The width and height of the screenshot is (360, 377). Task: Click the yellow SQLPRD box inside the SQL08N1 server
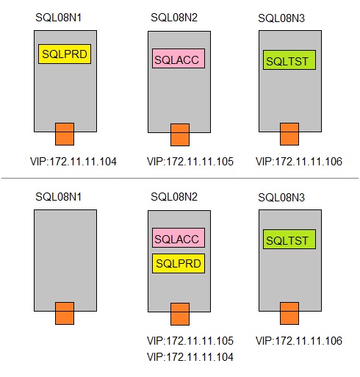tap(65, 54)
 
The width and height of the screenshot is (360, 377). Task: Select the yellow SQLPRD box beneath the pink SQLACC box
tap(179, 263)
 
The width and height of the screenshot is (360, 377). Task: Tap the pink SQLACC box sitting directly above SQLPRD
tap(179, 238)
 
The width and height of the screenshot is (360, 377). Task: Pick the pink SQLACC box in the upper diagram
tap(179, 59)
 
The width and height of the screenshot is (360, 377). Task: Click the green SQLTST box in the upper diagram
tap(289, 60)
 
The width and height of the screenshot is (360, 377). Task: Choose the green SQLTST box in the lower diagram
tap(289, 240)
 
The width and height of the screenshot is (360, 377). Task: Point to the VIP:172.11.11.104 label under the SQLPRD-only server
tap(73, 162)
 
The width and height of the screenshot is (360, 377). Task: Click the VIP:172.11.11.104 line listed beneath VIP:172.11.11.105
tap(190, 357)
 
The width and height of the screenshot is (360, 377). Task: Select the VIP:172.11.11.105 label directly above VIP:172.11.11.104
tap(190, 341)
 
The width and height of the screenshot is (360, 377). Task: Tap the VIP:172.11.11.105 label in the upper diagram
tap(190, 162)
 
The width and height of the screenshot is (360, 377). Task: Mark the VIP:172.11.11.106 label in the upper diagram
tap(299, 162)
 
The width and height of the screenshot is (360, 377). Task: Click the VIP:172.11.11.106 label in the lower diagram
tap(299, 341)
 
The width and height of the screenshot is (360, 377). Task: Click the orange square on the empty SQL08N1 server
tap(65, 313)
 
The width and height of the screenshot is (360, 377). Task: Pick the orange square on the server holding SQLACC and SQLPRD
tap(180, 314)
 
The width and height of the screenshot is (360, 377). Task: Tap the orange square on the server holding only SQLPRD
tap(65, 134)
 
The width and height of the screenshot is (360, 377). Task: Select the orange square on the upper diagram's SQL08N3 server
tap(289, 134)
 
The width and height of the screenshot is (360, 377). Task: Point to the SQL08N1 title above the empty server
tap(59, 197)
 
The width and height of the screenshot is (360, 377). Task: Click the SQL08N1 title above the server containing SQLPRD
tap(59, 18)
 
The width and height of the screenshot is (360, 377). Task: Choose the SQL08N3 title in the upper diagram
tap(281, 18)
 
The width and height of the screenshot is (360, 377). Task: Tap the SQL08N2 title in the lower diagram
tap(174, 197)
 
